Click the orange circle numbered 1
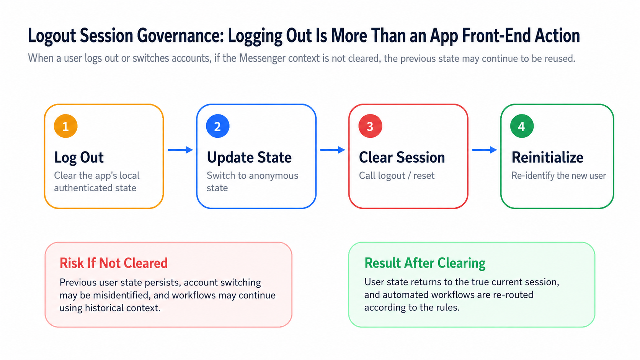tap(65, 126)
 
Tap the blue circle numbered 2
tap(218, 126)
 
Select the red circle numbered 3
tap(370, 126)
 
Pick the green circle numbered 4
tap(522, 126)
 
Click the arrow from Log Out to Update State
tap(180, 150)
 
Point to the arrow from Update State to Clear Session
tap(333, 150)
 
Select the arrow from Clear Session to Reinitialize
tap(485, 150)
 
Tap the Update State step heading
tap(249, 158)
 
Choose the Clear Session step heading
tap(402, 158)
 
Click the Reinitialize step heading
tap(547, 158)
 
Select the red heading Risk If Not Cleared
tap(114, 263)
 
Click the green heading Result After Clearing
tap(425, 263)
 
